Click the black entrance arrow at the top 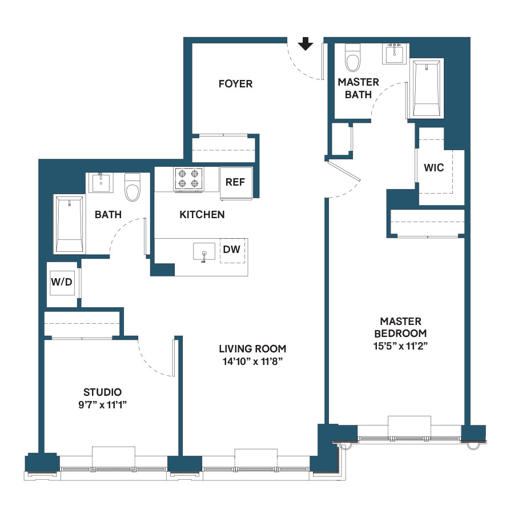click(x=306, y=44)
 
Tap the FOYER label click(x=235, y=84)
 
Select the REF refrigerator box click(x=235, y=183)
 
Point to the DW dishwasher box click(x=231, y=250)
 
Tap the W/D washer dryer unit click(x=61, y=281)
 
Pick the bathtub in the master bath click(x=427, y=89)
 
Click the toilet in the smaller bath click(x=132, y=187)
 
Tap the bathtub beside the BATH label click(x=69, y=223)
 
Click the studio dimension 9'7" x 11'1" click(x=103, y=404)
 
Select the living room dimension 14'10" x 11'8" click(x=252, y=361)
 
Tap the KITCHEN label click(x=202, y=215)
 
